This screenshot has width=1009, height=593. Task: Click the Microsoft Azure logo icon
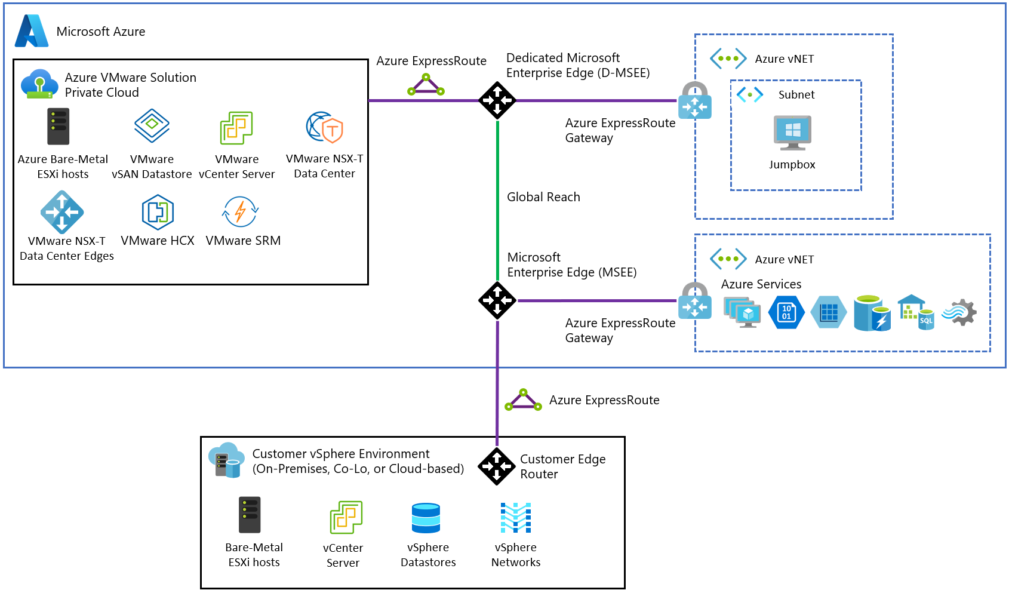[32, 31]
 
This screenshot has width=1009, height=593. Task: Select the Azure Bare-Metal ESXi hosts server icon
[59, 127]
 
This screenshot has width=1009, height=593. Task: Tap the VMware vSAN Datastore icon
[152, 125]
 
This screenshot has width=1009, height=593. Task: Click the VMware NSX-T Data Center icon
[325, 127]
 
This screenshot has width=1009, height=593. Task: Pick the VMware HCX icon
[158, 212]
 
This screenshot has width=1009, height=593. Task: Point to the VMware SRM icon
[241, 211]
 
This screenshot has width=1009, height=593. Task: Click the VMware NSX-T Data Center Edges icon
[62, 212]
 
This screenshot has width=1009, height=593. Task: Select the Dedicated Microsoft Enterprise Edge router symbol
[497, 100]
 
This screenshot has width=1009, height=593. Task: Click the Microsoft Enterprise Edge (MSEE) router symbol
[497, 300]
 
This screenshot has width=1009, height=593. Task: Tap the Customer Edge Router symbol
[497, 466]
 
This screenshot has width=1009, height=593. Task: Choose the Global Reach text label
[543, 197]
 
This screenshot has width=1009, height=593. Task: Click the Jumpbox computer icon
[792, 133]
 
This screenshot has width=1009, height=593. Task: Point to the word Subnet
[796, 95]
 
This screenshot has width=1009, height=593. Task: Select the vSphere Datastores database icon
[426, 518]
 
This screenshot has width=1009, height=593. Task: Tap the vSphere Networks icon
[516, 518]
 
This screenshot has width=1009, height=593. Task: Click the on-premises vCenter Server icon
[346, 517]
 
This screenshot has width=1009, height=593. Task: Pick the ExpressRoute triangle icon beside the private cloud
[426, 85]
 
